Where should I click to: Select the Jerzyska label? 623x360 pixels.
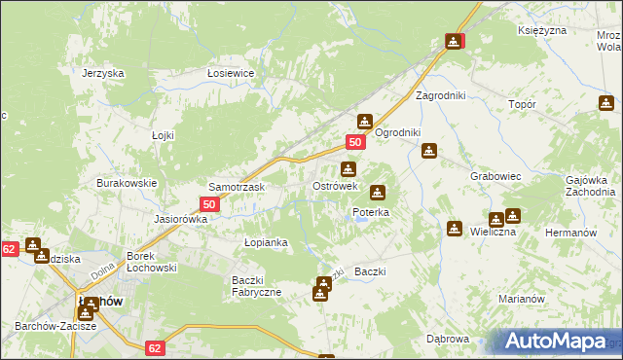(103, 73)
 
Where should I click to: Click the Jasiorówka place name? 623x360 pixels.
(182, 219)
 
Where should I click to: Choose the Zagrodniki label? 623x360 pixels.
(441, 96)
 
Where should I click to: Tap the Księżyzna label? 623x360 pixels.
(542, 31)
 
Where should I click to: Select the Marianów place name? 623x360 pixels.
(520, 299)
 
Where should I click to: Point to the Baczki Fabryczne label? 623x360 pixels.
(256, 286)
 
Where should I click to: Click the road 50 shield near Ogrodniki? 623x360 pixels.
(355, 142)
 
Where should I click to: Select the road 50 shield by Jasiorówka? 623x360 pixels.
(209, 204)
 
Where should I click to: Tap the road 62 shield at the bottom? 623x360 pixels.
(155, 346)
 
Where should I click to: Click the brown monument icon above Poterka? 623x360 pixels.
(377, 193)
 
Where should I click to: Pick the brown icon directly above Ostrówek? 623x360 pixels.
(348, 169)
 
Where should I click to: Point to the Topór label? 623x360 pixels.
(523, 102)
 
